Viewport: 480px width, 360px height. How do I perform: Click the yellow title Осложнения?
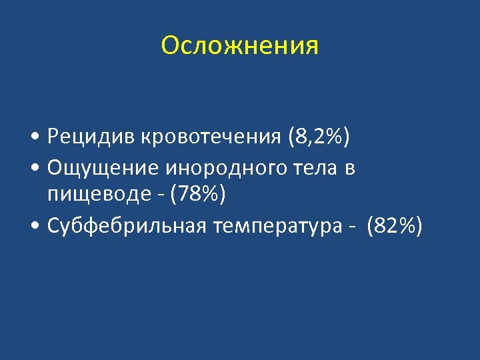pyautogui.click(x=240, y=46)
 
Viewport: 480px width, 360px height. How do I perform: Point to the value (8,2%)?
pyautogui.click(x=319, y=137)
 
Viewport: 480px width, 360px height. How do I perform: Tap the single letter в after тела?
pyautogui.click(x=350, y=169)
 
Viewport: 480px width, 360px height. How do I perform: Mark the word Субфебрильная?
pyautogui.click(x=127, y=226)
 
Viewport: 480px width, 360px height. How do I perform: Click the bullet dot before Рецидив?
pyautogui.click(x=34, y=139)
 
